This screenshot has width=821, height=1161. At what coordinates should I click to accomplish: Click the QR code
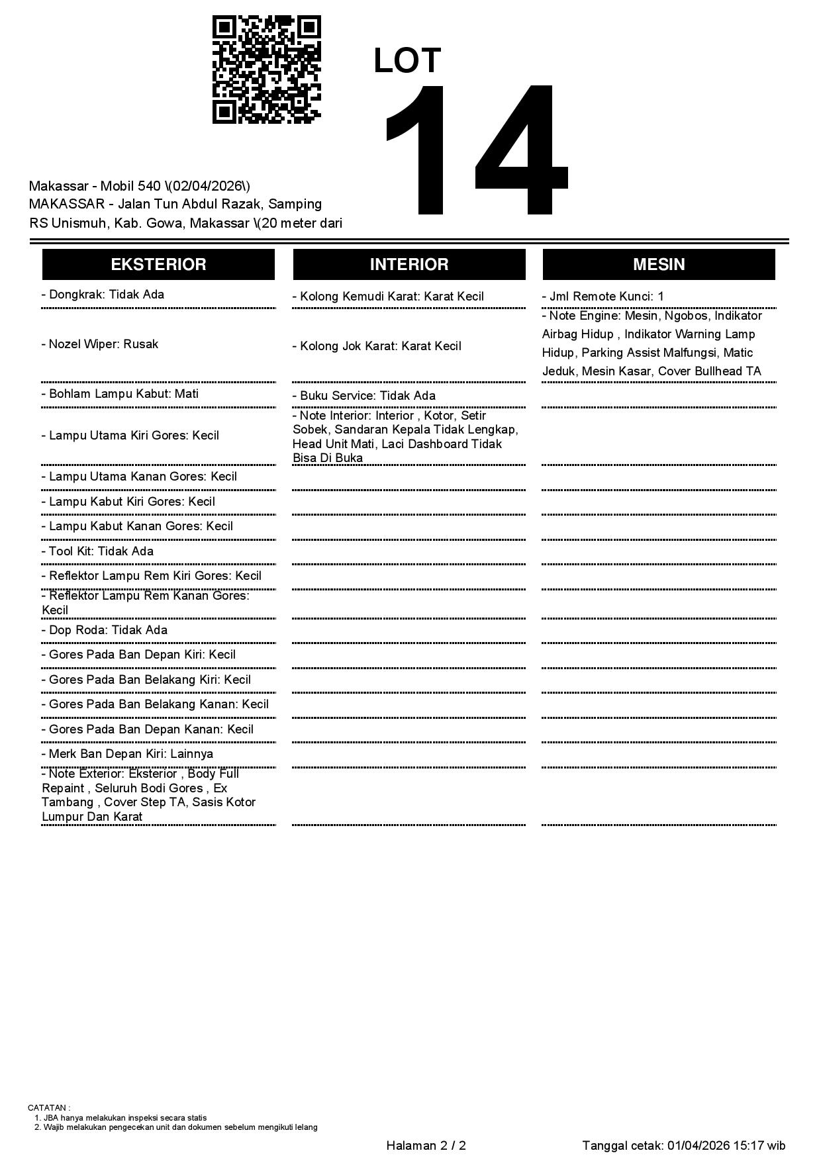266,70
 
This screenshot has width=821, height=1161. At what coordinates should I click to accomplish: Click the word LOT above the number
407,61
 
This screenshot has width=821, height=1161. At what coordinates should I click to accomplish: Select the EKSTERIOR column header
158,265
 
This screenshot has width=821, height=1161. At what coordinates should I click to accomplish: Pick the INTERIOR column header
409,265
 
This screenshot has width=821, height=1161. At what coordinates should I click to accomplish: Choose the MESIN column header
659,265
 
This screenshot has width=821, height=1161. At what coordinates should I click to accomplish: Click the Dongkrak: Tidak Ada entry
103,295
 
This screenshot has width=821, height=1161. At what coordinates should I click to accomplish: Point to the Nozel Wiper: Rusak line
100,344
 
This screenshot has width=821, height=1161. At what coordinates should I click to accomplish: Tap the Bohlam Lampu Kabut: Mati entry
120,394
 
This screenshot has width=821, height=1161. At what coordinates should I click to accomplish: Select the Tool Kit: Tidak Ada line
97,551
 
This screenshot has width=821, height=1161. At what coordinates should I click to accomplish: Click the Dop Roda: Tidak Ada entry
105,630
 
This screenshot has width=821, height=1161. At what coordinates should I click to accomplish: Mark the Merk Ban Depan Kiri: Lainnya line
127,754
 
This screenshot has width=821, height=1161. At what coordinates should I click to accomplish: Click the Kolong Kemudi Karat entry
388,297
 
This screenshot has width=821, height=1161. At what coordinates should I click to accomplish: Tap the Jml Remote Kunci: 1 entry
603,297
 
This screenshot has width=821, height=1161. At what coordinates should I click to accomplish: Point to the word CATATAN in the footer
48,1107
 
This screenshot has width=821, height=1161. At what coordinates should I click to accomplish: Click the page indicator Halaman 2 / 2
426,1146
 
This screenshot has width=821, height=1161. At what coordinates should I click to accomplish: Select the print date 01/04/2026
698,1146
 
